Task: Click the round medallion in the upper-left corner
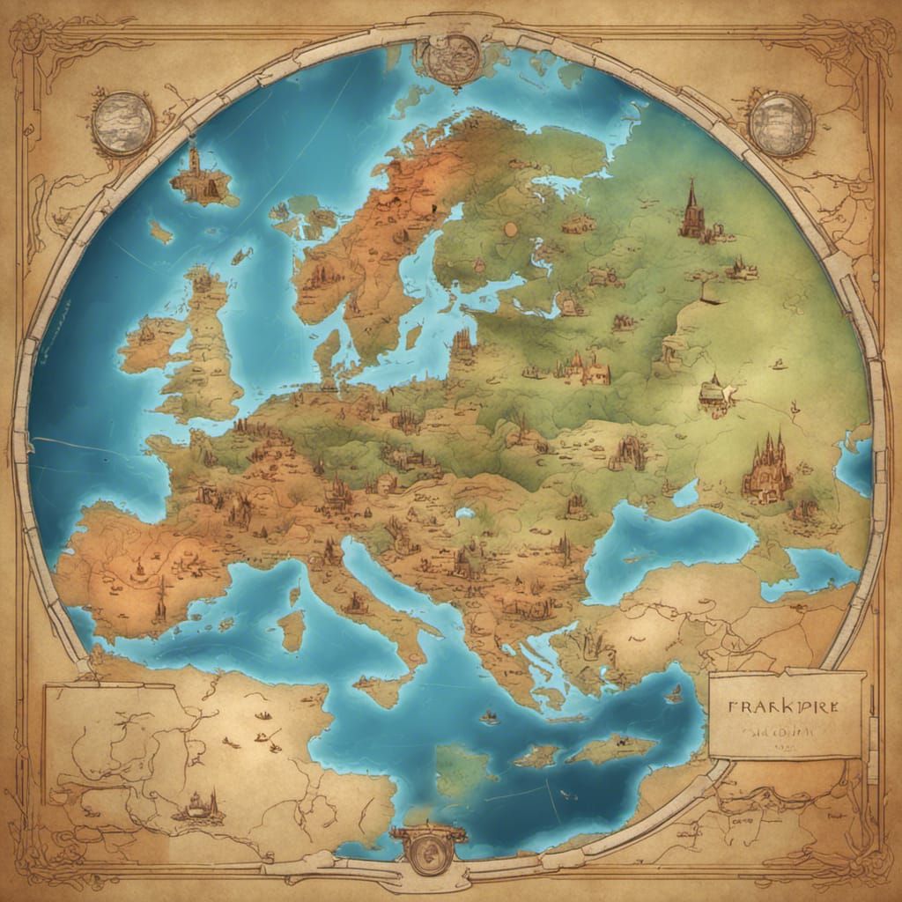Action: (123, 123)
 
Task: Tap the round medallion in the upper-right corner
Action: (780, 124)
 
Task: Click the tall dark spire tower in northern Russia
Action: (693, 211)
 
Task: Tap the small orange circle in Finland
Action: (509, 229)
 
